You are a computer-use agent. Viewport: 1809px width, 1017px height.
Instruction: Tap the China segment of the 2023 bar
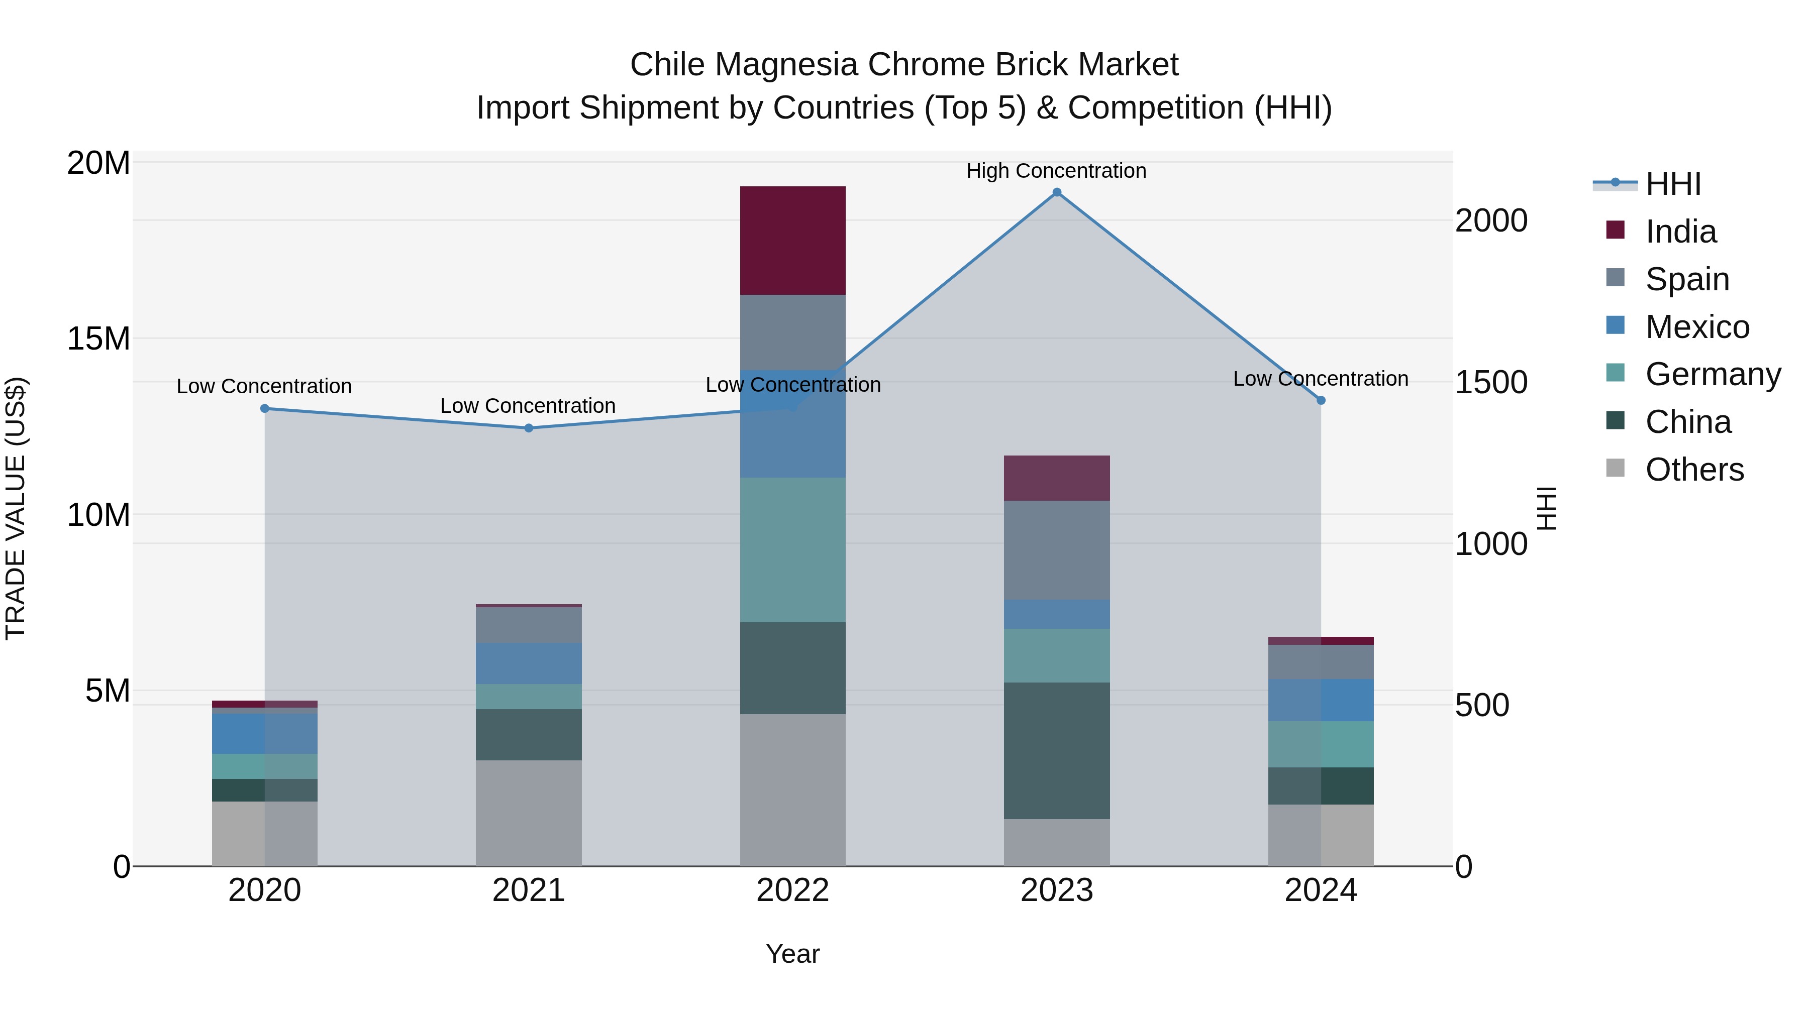coord(1056,750)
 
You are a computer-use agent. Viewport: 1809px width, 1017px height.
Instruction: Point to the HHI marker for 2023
coord(1056,192)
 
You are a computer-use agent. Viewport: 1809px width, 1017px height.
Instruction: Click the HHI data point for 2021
coord(528,428)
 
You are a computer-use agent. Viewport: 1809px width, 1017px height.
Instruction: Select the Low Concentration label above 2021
coord(528,406)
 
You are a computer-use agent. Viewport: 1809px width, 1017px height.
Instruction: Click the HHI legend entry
coord(1673,184)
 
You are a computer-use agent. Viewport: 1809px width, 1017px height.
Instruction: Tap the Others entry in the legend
coord(1694,470)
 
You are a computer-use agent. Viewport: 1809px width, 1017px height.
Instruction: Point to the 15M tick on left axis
coord(98,339)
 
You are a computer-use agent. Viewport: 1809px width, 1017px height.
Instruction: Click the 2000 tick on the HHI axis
coord(1490,221)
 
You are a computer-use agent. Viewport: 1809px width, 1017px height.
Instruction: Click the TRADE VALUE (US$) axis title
coord(16,508)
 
